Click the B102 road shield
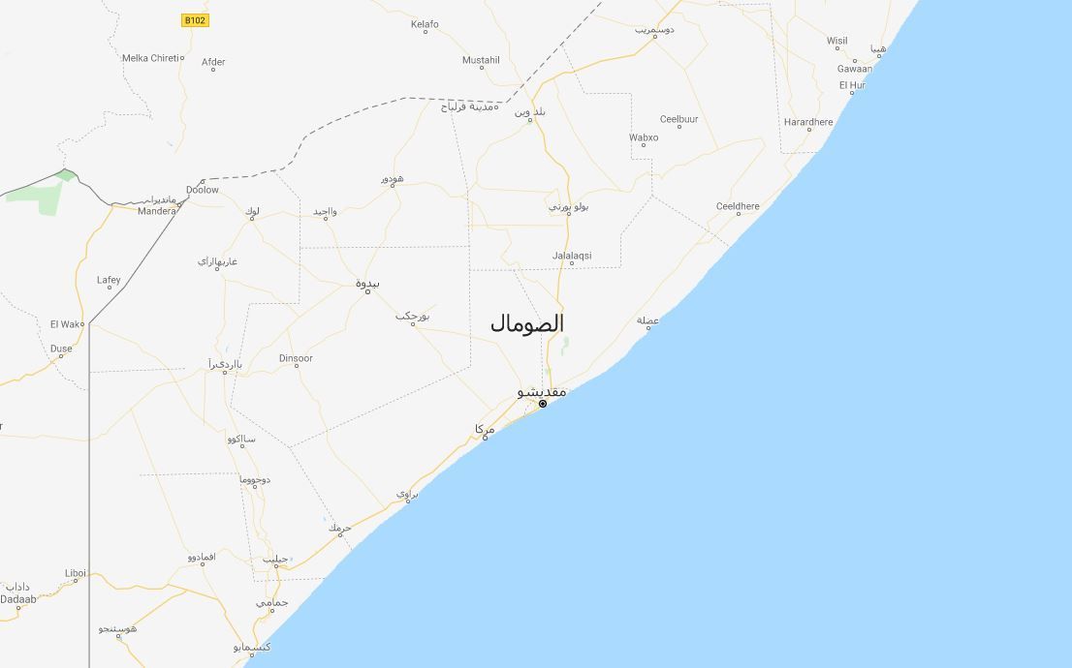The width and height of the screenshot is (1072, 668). click(195, 19)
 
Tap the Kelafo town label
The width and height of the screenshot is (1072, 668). click(425, 24)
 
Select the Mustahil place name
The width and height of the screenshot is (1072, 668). click(481, 60)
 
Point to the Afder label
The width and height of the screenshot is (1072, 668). click(213, 62)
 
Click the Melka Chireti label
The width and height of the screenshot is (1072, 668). click(149, 58)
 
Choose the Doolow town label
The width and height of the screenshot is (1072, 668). click(203, 190)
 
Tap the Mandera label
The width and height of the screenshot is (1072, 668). click(156, 211)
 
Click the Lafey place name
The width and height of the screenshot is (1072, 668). click(109, 281)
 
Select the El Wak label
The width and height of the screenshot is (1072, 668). click(66, 324)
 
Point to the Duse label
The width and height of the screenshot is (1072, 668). click(61, 349)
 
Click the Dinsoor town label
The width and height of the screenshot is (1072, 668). click(296, 358)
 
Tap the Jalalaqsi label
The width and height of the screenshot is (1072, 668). click(572, 256)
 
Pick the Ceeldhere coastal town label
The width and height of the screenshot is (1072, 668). click(738, 206)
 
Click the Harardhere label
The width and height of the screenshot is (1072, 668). click(808, 122)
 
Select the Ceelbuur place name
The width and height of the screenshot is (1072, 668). click(678, 119)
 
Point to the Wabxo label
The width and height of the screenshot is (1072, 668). click(644, 137)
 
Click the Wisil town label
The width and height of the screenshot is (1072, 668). click(836, 41)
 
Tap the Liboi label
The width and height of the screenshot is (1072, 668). click(76, 573)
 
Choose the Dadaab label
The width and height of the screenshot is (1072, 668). click(18, 599)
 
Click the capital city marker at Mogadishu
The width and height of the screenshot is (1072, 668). click(543, 404)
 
